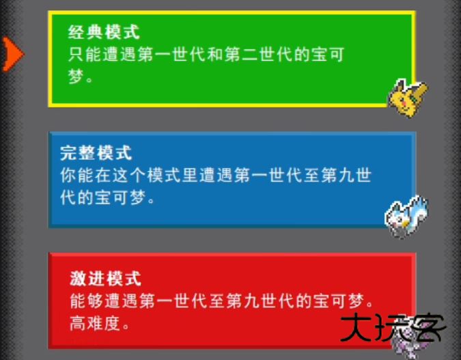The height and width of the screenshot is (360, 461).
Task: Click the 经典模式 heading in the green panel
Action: coord(104,32)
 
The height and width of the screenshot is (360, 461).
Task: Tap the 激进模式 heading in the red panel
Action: coord(105,278)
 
